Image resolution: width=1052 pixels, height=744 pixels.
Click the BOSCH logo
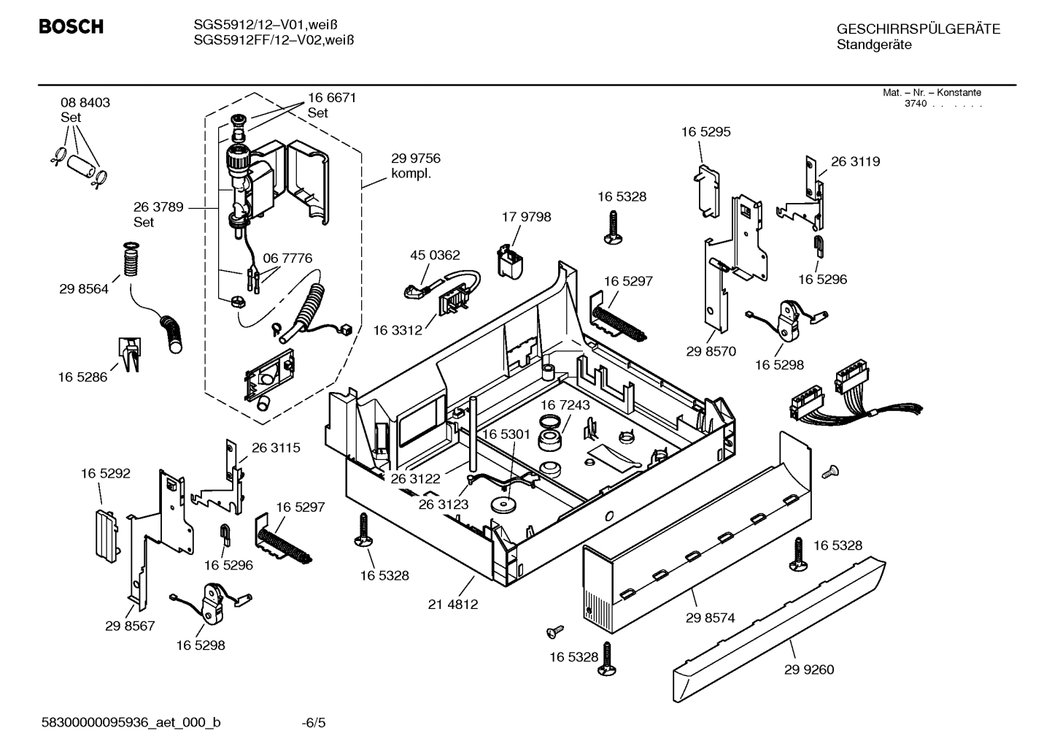point(71,28)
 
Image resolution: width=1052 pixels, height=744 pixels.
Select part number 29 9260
point(809,670)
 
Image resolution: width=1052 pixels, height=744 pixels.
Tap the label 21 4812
point(453,605)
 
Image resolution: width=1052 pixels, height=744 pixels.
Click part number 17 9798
point(526,217)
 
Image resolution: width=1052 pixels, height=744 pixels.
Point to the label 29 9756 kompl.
point(416,166)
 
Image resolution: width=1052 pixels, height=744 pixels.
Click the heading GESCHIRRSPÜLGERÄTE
point(918,30)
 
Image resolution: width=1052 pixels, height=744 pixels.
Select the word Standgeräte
point(874,45)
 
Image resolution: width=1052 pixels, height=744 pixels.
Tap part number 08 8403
point(85,103)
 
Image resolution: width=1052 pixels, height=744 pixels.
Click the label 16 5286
point(82,377)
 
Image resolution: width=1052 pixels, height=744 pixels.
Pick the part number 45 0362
point(435,256)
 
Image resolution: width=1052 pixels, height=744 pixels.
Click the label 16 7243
point(565,404)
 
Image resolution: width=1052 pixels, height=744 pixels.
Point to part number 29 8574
point(710,618)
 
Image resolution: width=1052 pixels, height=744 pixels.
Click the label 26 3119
point(855,162)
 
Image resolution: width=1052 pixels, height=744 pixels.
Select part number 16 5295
point(705,132)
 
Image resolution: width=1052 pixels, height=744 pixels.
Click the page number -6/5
point(314,724)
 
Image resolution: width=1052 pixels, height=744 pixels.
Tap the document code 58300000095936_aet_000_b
point(131,724)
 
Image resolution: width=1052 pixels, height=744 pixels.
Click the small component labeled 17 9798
point(511,260)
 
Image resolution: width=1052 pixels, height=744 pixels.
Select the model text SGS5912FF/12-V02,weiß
point(274,41)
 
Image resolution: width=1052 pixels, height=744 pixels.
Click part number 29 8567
point(130,626)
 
